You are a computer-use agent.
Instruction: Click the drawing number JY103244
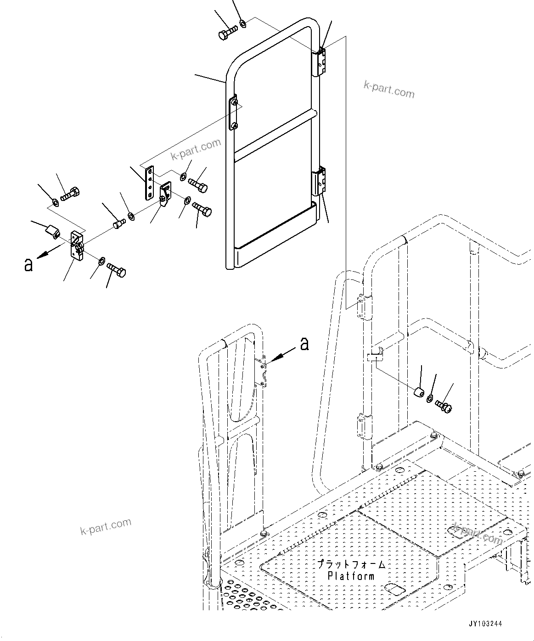click(x=485, y=624)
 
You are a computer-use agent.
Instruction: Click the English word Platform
click(x=351, y=576)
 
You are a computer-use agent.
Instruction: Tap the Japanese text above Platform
click(x=351, y=564)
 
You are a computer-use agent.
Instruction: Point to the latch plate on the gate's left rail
click(x=234, y=113)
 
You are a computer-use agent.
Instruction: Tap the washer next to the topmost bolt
click(x=243, y=23)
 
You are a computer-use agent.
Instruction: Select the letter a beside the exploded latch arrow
click(x=28, y=264)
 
